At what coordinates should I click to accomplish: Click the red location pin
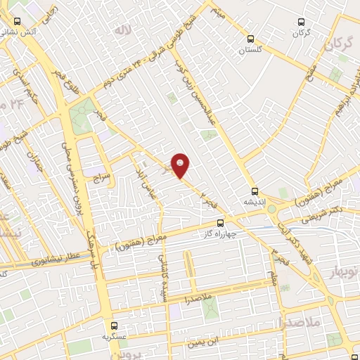pyautogui.click(x=181, y=165)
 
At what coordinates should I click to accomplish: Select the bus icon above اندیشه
pyautogui.click(x=255, y=191)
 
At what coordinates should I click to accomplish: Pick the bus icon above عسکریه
pyautogui.click(x=114, y=326)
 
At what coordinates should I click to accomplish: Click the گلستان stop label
pyautogui.click(x=250, y=50)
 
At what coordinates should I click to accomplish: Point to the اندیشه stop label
pyautogui.click(x=254, y=202)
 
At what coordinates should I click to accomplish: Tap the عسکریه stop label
pyautogui.click(x=113, y=337)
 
